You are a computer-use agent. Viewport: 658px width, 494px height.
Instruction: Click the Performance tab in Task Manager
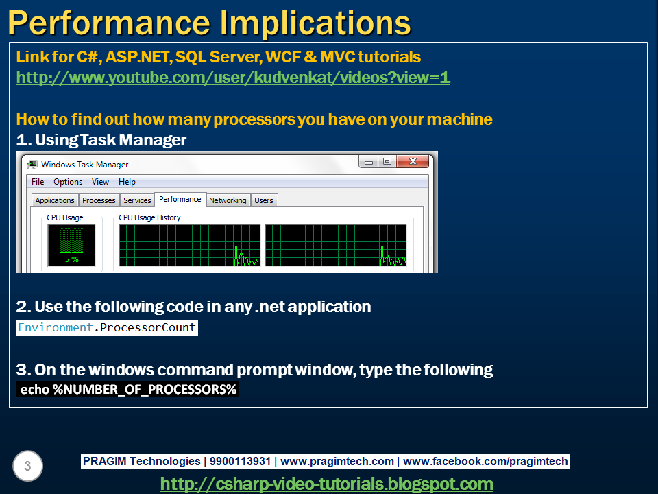[x=180, y=199]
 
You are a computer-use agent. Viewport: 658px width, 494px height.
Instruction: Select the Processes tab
[x=99, y=200]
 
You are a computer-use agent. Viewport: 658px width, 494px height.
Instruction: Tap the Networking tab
[x=228, y=200]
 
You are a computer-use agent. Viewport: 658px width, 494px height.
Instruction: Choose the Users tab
[x=263, y=200]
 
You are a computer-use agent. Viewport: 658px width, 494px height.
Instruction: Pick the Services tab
[x=137, y=200]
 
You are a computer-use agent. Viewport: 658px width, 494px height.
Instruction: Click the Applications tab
[x=55, y=200]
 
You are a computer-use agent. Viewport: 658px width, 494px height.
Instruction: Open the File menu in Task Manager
[x=38, y=182]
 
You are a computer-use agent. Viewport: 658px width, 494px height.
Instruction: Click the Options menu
[x=68, y=182]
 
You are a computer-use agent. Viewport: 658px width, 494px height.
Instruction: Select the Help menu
[x=127, y=182]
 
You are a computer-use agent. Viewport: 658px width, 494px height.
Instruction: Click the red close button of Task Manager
[x=413, y=161]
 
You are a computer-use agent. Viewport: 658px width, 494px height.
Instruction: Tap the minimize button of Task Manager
[x=369, y=161]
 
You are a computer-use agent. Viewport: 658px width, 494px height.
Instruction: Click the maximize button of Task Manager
[x=387, y=161]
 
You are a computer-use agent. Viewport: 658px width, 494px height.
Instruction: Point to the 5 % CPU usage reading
[x=72, y=259]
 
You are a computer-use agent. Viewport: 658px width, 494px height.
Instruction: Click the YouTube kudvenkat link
[x=233, y=78]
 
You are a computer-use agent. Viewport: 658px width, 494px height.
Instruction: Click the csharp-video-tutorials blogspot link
[x=326, y=484]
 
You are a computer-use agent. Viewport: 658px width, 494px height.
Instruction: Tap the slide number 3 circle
[x=27, y=466]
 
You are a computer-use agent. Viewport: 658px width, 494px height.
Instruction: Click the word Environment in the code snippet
[x=56, y=327]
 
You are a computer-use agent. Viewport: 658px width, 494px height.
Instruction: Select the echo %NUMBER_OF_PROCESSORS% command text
[x=128, y=390]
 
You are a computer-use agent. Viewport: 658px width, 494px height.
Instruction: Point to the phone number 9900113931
[x=240, y=461]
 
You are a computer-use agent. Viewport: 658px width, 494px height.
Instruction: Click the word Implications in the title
[x=315, y=23]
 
